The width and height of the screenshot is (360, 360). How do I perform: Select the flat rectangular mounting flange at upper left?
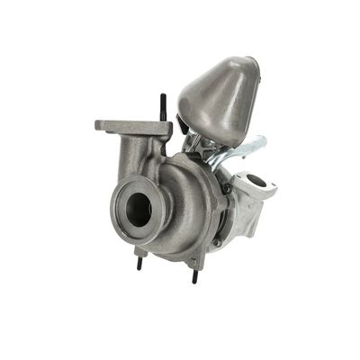tap(133, 128)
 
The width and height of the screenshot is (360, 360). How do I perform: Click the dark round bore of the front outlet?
tap(139, 209)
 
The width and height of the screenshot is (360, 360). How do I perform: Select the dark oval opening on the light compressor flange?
tap(258, 182)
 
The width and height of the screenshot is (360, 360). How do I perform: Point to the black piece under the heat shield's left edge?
tap(185, 126)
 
